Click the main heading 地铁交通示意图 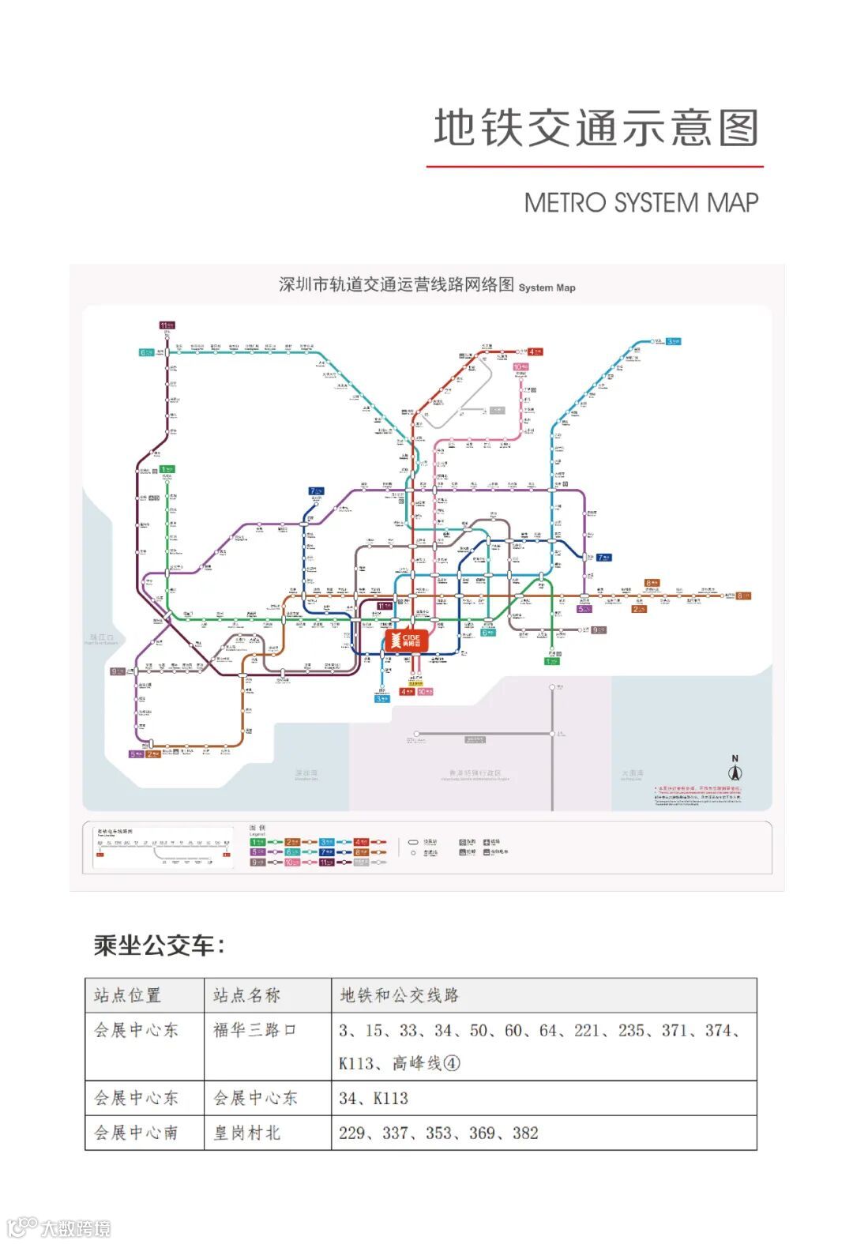pyautogui.click(x=596, y=128)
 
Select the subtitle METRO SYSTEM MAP pyautogui.click(x=641, y=203)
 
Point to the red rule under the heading pyautogui.click(x=595, y=167)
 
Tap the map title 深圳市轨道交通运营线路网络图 pyautogui.click(x=396, y=284)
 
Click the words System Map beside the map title pyautogui.click(x=547, y=288)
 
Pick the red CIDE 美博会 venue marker pyautogui.click(x=407, y=640)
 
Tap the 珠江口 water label pyautogui.click(x=102, y=637)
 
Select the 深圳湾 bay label pyautogui.click(x=306, y=773)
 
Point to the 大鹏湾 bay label pyautogui.click(x=632, y=773)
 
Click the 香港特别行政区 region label pyautogui.click(x=475, y=773)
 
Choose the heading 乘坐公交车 pyautogui.click(x=159, y=945)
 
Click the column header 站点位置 pyautogui.click(x=127, y=995)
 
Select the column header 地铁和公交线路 pyautogui.click(x=399, y=995)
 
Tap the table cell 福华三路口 pyautogui.click(x=254, y=1030)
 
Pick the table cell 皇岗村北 pyautogui.click(x=246, y=1133)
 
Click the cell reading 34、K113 pyautogui.click(x=374, y=1098)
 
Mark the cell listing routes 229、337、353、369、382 pyautogui.click(x=438, y=1133)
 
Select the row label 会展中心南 pyautogui.click(x=136, y=1133)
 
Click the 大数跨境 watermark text pyautogui.click(x=76, y=1228)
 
